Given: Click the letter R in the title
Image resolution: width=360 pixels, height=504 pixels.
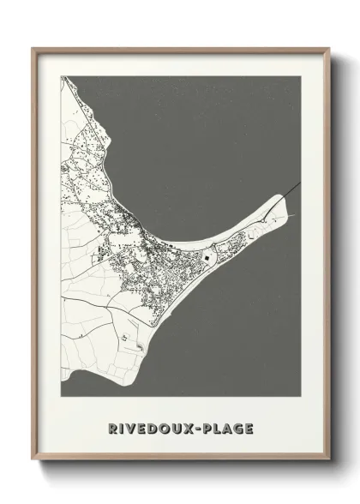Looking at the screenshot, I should [x=114, y=428].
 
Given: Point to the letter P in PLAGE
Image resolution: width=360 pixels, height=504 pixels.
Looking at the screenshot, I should [x=208, y=428].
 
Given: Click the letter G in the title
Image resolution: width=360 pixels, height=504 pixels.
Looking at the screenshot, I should [x=238, y=428].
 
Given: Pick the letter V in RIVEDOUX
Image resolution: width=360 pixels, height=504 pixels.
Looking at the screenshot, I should [x=134, y=428].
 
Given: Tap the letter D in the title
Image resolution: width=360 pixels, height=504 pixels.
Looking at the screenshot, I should [x=154, y=428].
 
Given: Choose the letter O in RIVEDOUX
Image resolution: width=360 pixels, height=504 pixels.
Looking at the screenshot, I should [x=165, y=428].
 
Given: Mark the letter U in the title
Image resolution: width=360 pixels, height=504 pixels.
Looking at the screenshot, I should [x=177, y=428].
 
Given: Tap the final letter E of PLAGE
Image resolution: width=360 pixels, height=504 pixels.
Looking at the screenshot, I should [x=249, y=428].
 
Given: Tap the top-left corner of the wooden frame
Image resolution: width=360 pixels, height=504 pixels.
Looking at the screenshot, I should [x=33, y=49].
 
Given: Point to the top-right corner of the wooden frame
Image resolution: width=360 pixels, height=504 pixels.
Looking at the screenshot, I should [x=328, y=49].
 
